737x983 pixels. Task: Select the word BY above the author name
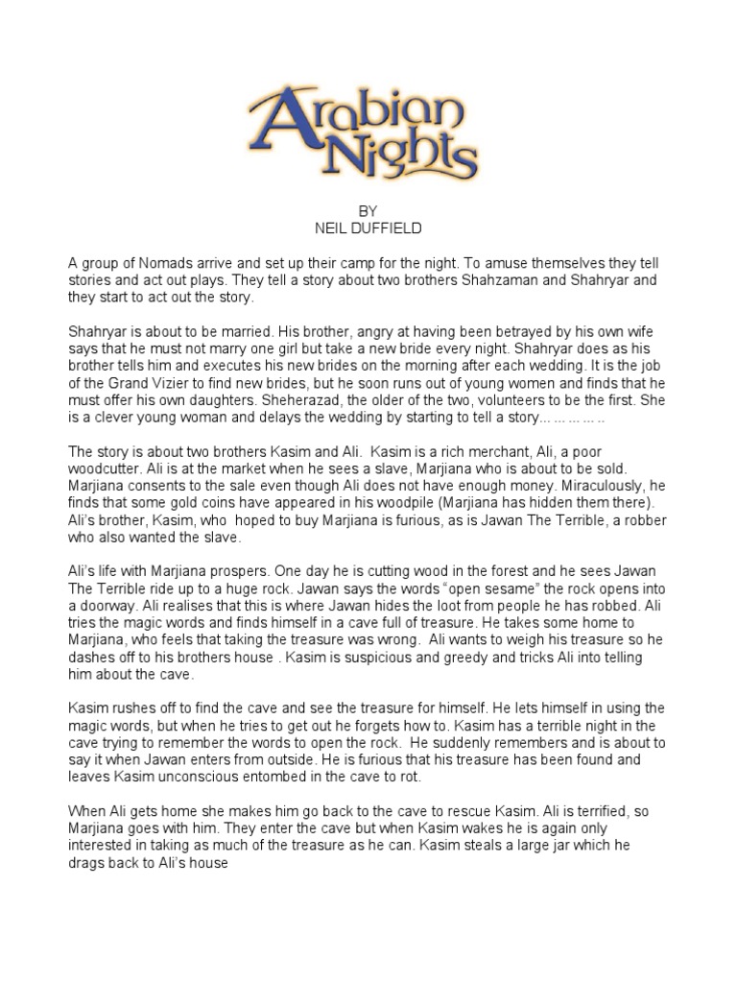[x=368, y=211]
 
